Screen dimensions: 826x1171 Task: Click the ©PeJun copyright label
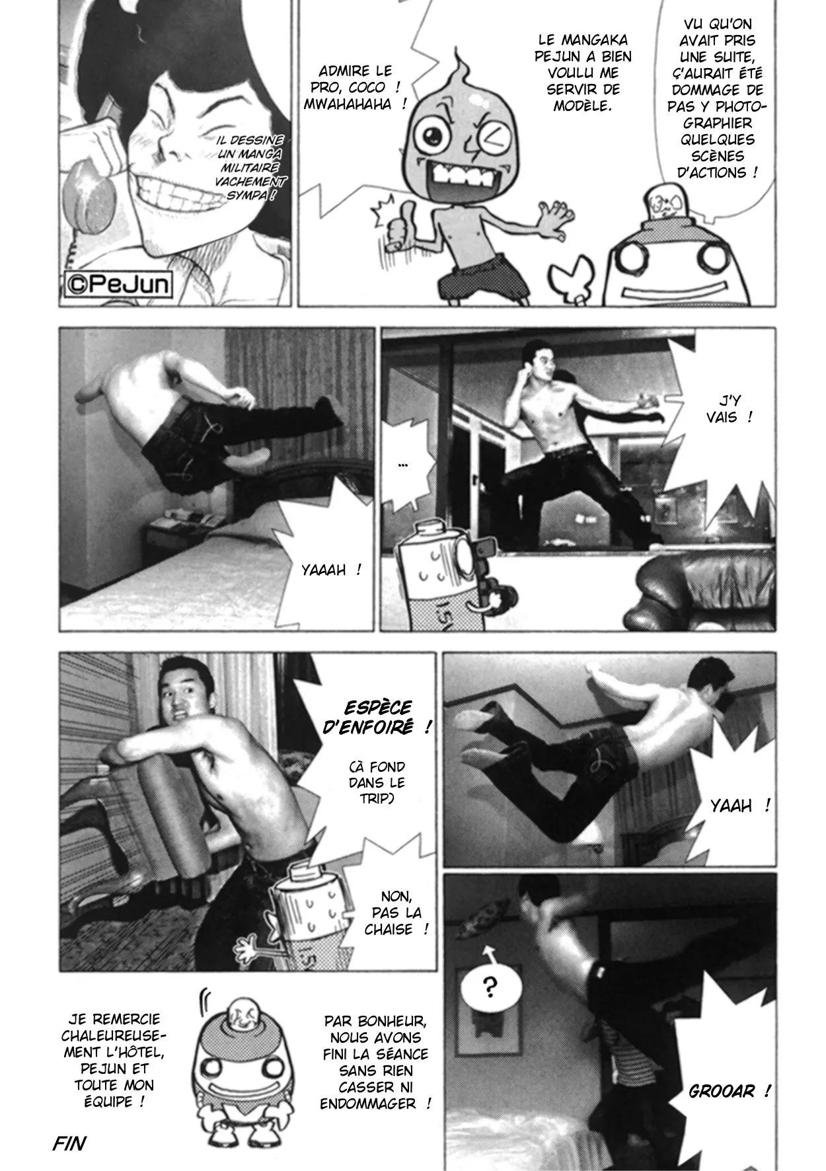tap(118, 286)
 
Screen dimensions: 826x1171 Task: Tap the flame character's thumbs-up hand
tap(399, 226)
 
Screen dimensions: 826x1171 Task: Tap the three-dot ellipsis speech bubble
tap(402, 466)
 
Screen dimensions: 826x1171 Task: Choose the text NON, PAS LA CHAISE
tap(396, 913)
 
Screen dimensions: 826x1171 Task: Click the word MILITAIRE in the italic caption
tap(247, 169)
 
